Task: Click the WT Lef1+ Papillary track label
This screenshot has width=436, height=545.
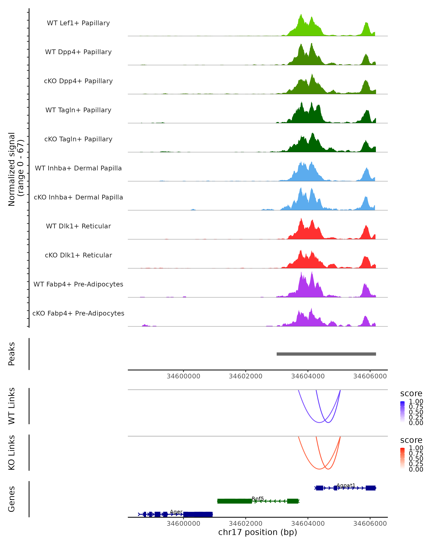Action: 78,23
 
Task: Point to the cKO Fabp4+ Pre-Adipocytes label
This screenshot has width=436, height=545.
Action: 78,313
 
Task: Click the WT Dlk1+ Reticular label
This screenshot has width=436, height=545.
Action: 78,226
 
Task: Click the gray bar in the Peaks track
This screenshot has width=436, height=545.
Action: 326,354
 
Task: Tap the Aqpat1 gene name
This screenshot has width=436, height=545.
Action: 346,485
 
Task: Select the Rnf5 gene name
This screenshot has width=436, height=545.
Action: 258,498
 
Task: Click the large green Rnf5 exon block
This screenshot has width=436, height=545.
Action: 234,501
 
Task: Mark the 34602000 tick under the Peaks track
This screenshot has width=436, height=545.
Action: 245,376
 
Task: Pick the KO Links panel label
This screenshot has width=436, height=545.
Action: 12,453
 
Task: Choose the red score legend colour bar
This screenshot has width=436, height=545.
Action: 402,458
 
